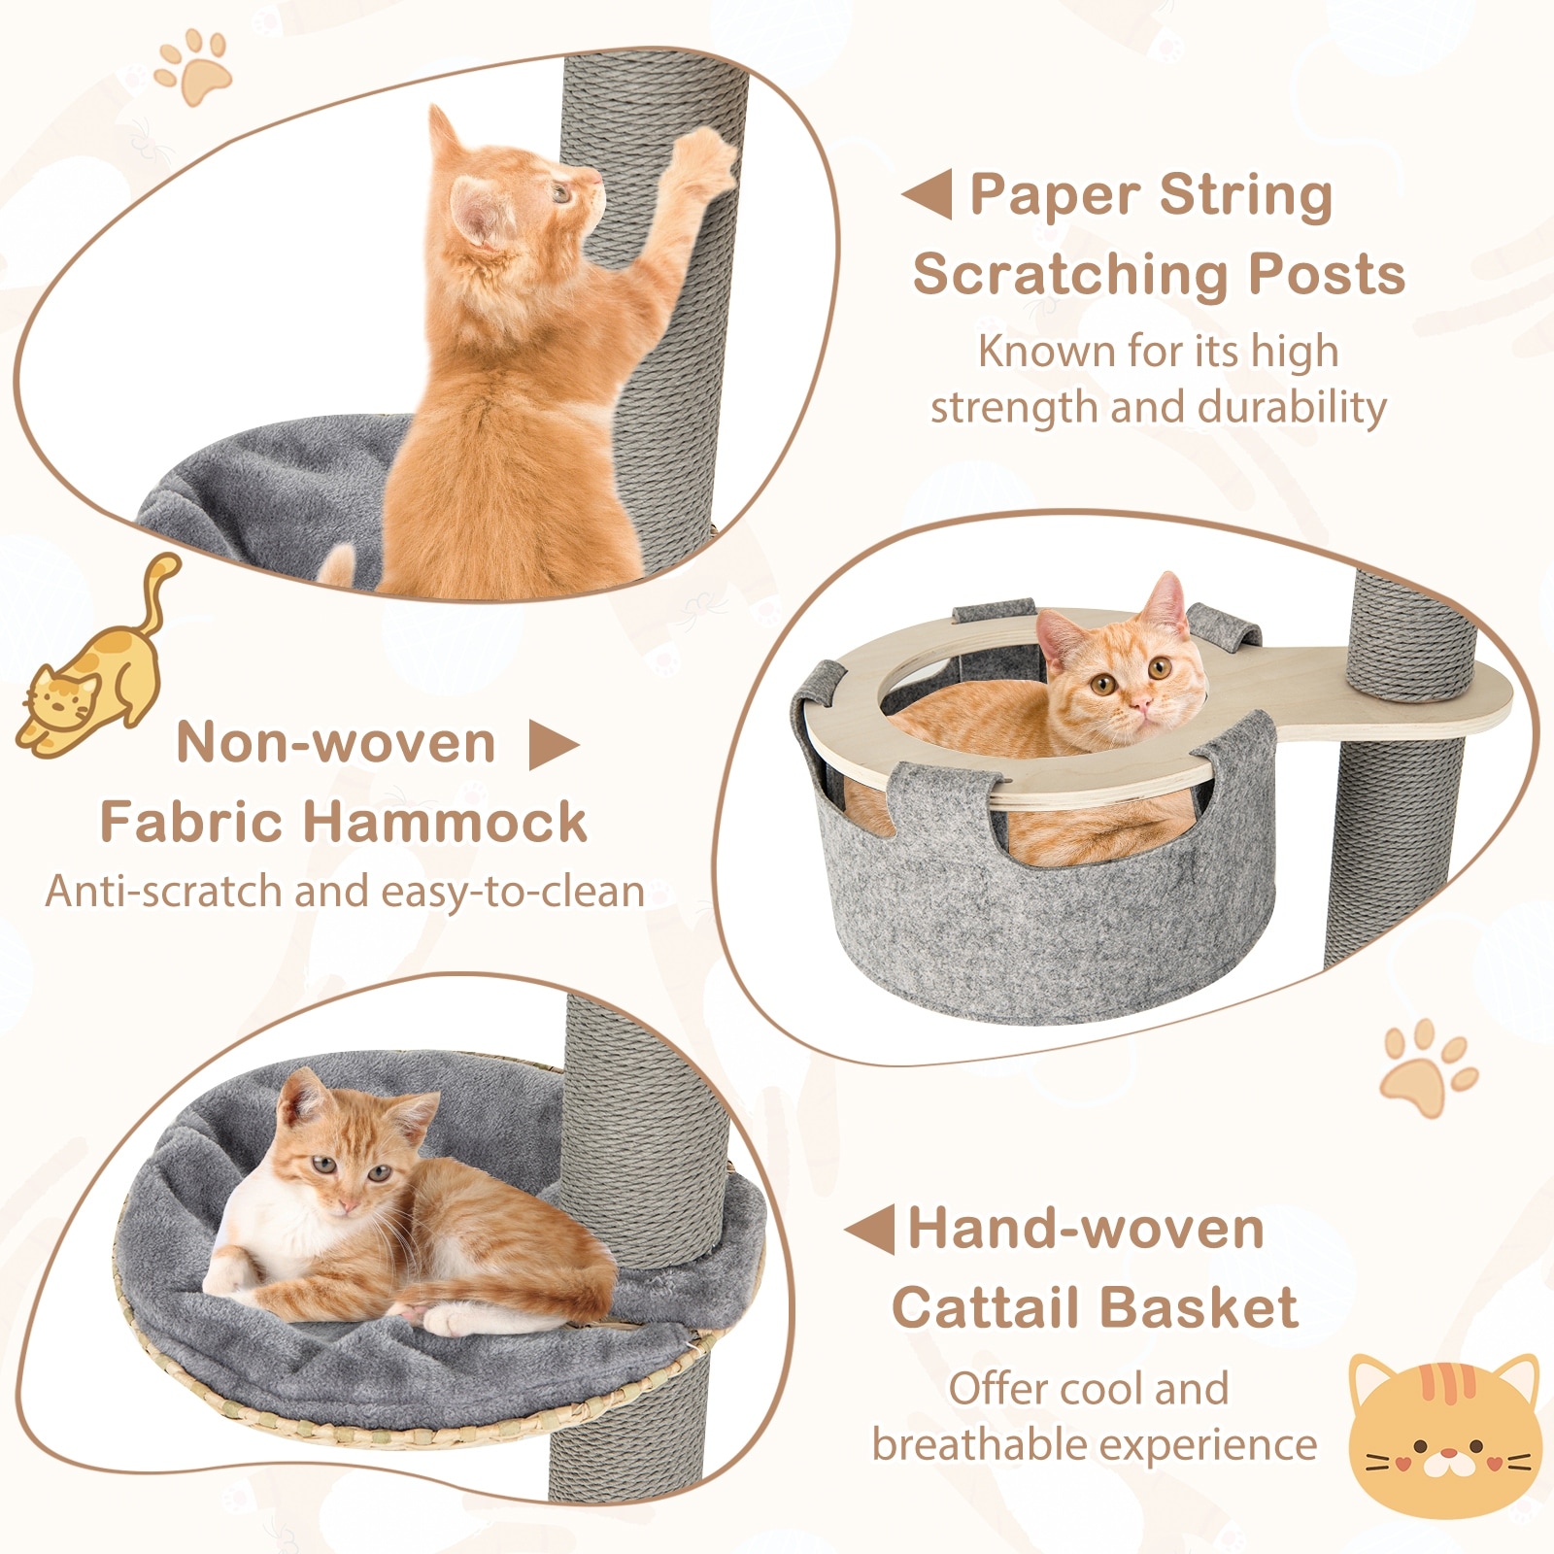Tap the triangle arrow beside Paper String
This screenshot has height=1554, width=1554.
pyautogui.click(x=928, y=194)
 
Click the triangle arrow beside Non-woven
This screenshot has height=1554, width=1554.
pyautogui.click(x=551, y=746)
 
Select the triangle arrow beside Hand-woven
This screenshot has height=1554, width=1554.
pyautogui.click(x=871, y=1230)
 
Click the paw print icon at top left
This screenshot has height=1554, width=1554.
pyautogui.click(x=195, y=66)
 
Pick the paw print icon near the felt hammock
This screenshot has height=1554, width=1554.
pyautogui.click(x=1426, y=1068)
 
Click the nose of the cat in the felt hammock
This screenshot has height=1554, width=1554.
pyautogui.click(x=1142, y=700)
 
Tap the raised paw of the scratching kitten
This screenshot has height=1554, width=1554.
pyautogui.click(x=704, y=160)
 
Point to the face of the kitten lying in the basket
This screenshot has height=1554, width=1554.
pyautogui.click(x=346, y=1175)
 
